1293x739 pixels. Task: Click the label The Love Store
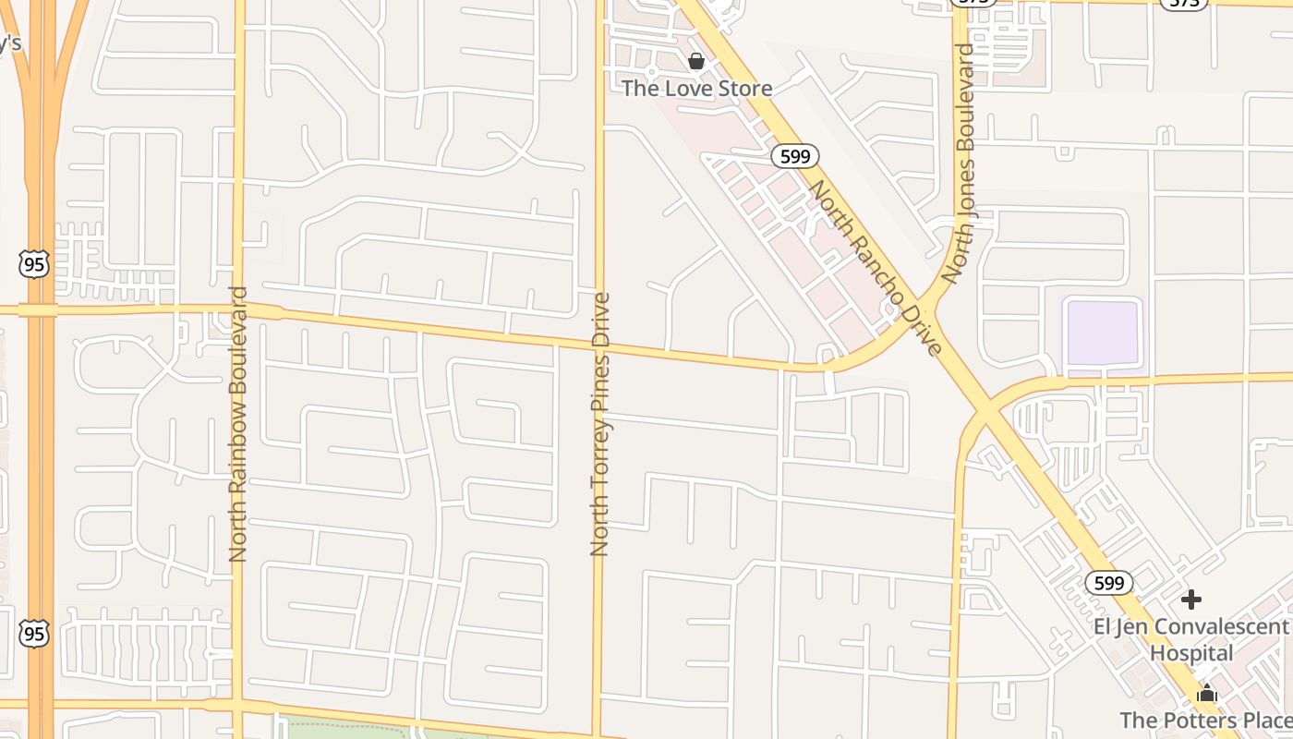696,89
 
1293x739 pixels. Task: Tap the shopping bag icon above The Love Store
696,62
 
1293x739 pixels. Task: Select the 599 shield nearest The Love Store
795,156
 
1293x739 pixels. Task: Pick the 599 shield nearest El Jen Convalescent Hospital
1108,583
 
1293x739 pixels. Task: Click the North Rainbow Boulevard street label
238,424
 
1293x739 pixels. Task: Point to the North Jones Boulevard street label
960,164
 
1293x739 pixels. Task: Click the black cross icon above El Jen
1191,600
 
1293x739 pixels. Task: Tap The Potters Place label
1205,720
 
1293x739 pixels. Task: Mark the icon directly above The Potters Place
1206,693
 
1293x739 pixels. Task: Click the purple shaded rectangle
1103,333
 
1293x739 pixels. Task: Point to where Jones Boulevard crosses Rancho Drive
986,406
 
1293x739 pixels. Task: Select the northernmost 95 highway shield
33,264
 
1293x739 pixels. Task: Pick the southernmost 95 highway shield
34,634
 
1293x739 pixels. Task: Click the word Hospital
1190,653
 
